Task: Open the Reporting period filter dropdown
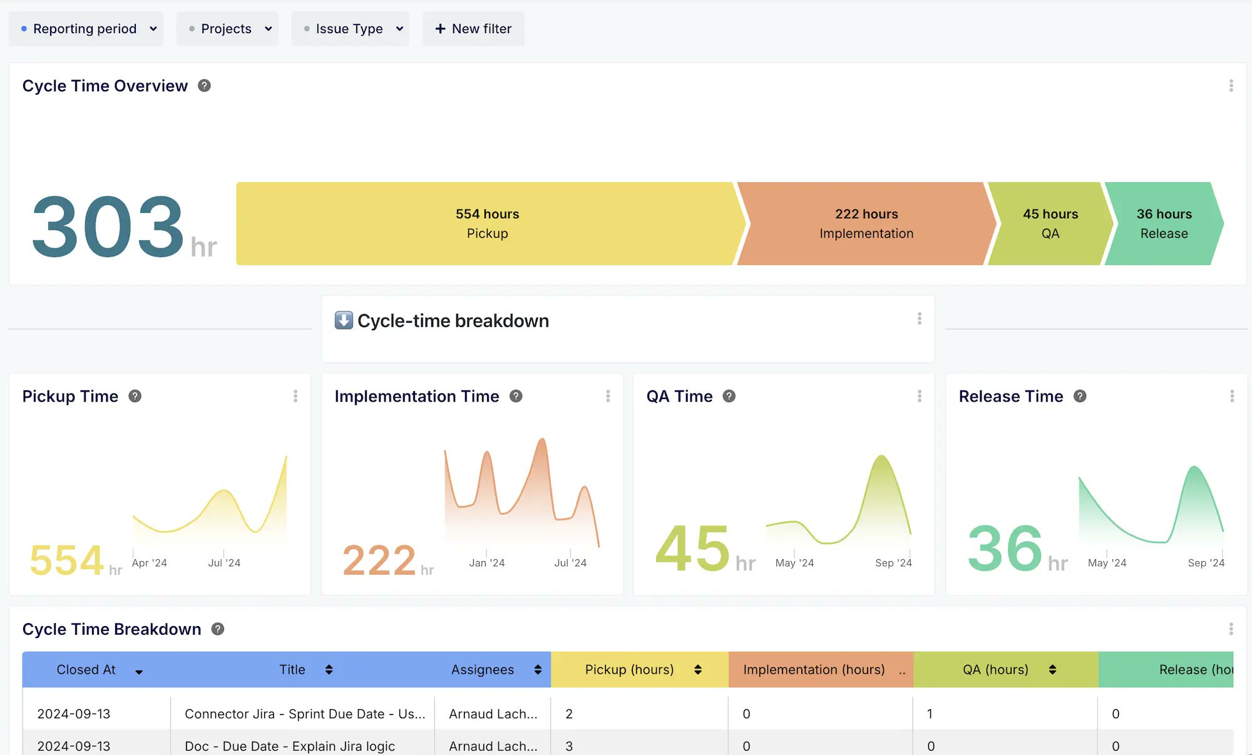point(86,29)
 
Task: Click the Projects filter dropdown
point(227,29)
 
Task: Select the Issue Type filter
point(350,29)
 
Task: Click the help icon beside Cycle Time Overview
point(204,86)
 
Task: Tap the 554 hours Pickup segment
point(487,223)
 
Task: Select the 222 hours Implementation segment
point(866,223)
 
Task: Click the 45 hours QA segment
point(1050,223)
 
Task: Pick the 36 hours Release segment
point(1164,223)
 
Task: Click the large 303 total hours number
point(108,226)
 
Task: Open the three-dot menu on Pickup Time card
point(295,396)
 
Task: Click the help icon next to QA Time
point(729,396)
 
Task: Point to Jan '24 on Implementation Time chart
point(486,563)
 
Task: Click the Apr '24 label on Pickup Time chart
point(149,563)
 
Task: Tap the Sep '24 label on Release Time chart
point(1206,563)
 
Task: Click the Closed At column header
point(86,670)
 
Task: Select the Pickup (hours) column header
point(629,670)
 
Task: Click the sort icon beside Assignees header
point(538,670)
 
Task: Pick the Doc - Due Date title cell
point(290,746)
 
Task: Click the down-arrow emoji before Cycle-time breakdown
point(344,320)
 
